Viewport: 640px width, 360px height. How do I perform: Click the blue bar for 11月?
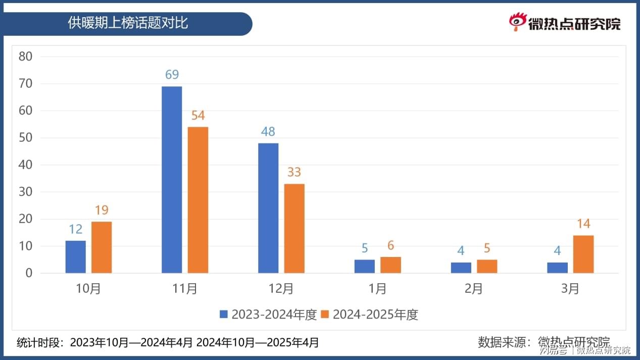(172, 180)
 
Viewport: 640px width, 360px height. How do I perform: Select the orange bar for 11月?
(198, 200)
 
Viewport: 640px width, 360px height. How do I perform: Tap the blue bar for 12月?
(268, 208)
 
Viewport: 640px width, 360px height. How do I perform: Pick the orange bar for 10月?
(102, 247)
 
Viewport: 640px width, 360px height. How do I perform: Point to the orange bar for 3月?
(583, 254)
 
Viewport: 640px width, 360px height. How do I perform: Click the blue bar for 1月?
(365, 266)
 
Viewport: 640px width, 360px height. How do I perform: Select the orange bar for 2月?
(487, 266)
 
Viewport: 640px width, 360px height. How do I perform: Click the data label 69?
(172, 75)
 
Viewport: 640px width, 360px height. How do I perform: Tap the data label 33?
(294, 172)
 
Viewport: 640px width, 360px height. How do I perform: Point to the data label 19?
(102, 210)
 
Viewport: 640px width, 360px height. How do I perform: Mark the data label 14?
(583, 224)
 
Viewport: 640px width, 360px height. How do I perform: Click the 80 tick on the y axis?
(25, 57)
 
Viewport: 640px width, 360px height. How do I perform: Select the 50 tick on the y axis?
(25, 138)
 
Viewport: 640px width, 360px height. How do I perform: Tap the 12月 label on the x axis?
(281, 289)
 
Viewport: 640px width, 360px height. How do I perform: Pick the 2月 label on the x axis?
(474, 289)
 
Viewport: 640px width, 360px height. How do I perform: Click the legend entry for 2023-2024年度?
(268, 315)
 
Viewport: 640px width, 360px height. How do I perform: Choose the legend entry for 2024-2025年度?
(370, 315)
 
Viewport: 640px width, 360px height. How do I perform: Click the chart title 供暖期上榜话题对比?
(128, 23)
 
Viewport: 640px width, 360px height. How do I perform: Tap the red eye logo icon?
(517, 22)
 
